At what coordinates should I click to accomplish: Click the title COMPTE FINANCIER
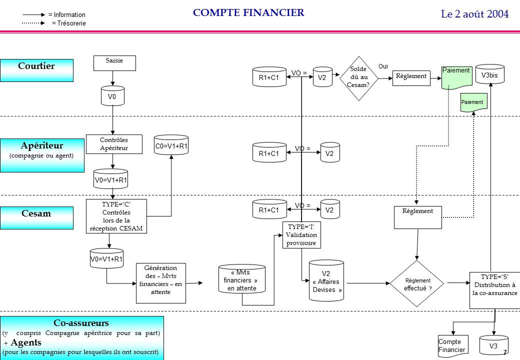[x=248, y=13]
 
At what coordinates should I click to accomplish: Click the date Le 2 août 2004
[x=474, y=14]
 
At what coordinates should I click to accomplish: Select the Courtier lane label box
[x=37, y=70]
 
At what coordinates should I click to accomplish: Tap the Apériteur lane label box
[x=42, y=155]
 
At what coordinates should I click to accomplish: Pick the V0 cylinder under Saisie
[x=112, y=96]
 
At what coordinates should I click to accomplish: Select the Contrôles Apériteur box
[x=114, y=144]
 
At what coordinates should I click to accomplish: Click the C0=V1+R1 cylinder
[x=171, y=145]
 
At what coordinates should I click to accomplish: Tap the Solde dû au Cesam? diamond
[x=357, y=78]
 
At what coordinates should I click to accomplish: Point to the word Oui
[x=383, y=66]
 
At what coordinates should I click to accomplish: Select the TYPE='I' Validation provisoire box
[x=301, y=235]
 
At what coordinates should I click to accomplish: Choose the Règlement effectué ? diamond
[x=417, y=283]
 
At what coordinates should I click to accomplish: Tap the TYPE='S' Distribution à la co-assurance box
[x=494, y=285]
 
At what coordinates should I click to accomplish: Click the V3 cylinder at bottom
[x=493, y=345]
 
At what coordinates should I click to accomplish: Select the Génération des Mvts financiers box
[x=160, y=282]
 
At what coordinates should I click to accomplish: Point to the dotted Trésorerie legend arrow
[x=34, y=23]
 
